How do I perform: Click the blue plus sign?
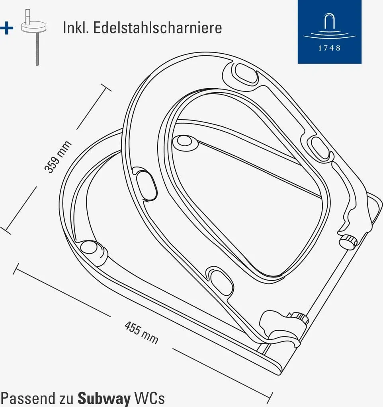click(x=6, y=28)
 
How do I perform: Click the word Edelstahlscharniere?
click(x=158, y=28)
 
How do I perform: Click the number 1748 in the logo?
click(x=329, y=48)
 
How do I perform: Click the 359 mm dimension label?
click(x=58, y=157)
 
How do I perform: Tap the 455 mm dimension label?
click(x=141, y=333)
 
